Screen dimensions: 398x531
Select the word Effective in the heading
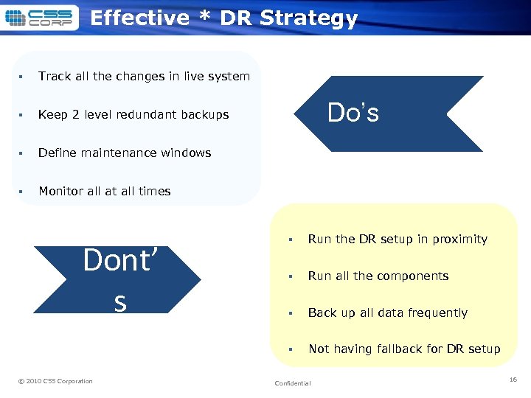pos(139,18)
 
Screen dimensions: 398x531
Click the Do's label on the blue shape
pos(353,113)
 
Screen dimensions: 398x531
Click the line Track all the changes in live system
pos(144,77)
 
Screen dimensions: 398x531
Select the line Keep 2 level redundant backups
pos(133,115)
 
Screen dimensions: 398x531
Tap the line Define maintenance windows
pos(125,153)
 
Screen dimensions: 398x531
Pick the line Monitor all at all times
pos(104,192)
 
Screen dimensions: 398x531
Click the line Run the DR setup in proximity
pos(398,240)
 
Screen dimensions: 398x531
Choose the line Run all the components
pos(378,276)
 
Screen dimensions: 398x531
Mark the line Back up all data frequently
pos(387,313)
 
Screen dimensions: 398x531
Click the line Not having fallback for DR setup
pos(404,349)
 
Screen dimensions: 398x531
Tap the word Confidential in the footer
pos(293,383)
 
